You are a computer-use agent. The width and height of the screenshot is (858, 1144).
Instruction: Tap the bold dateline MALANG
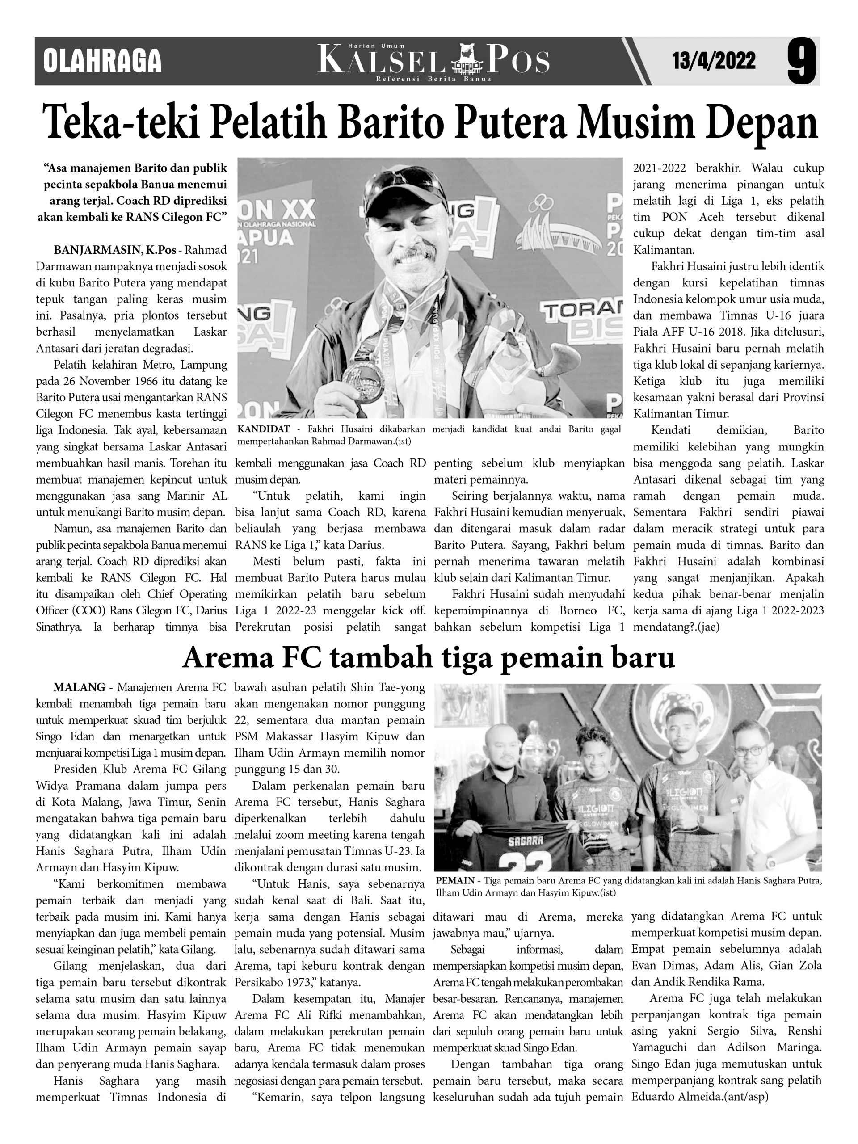click(79, 687)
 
